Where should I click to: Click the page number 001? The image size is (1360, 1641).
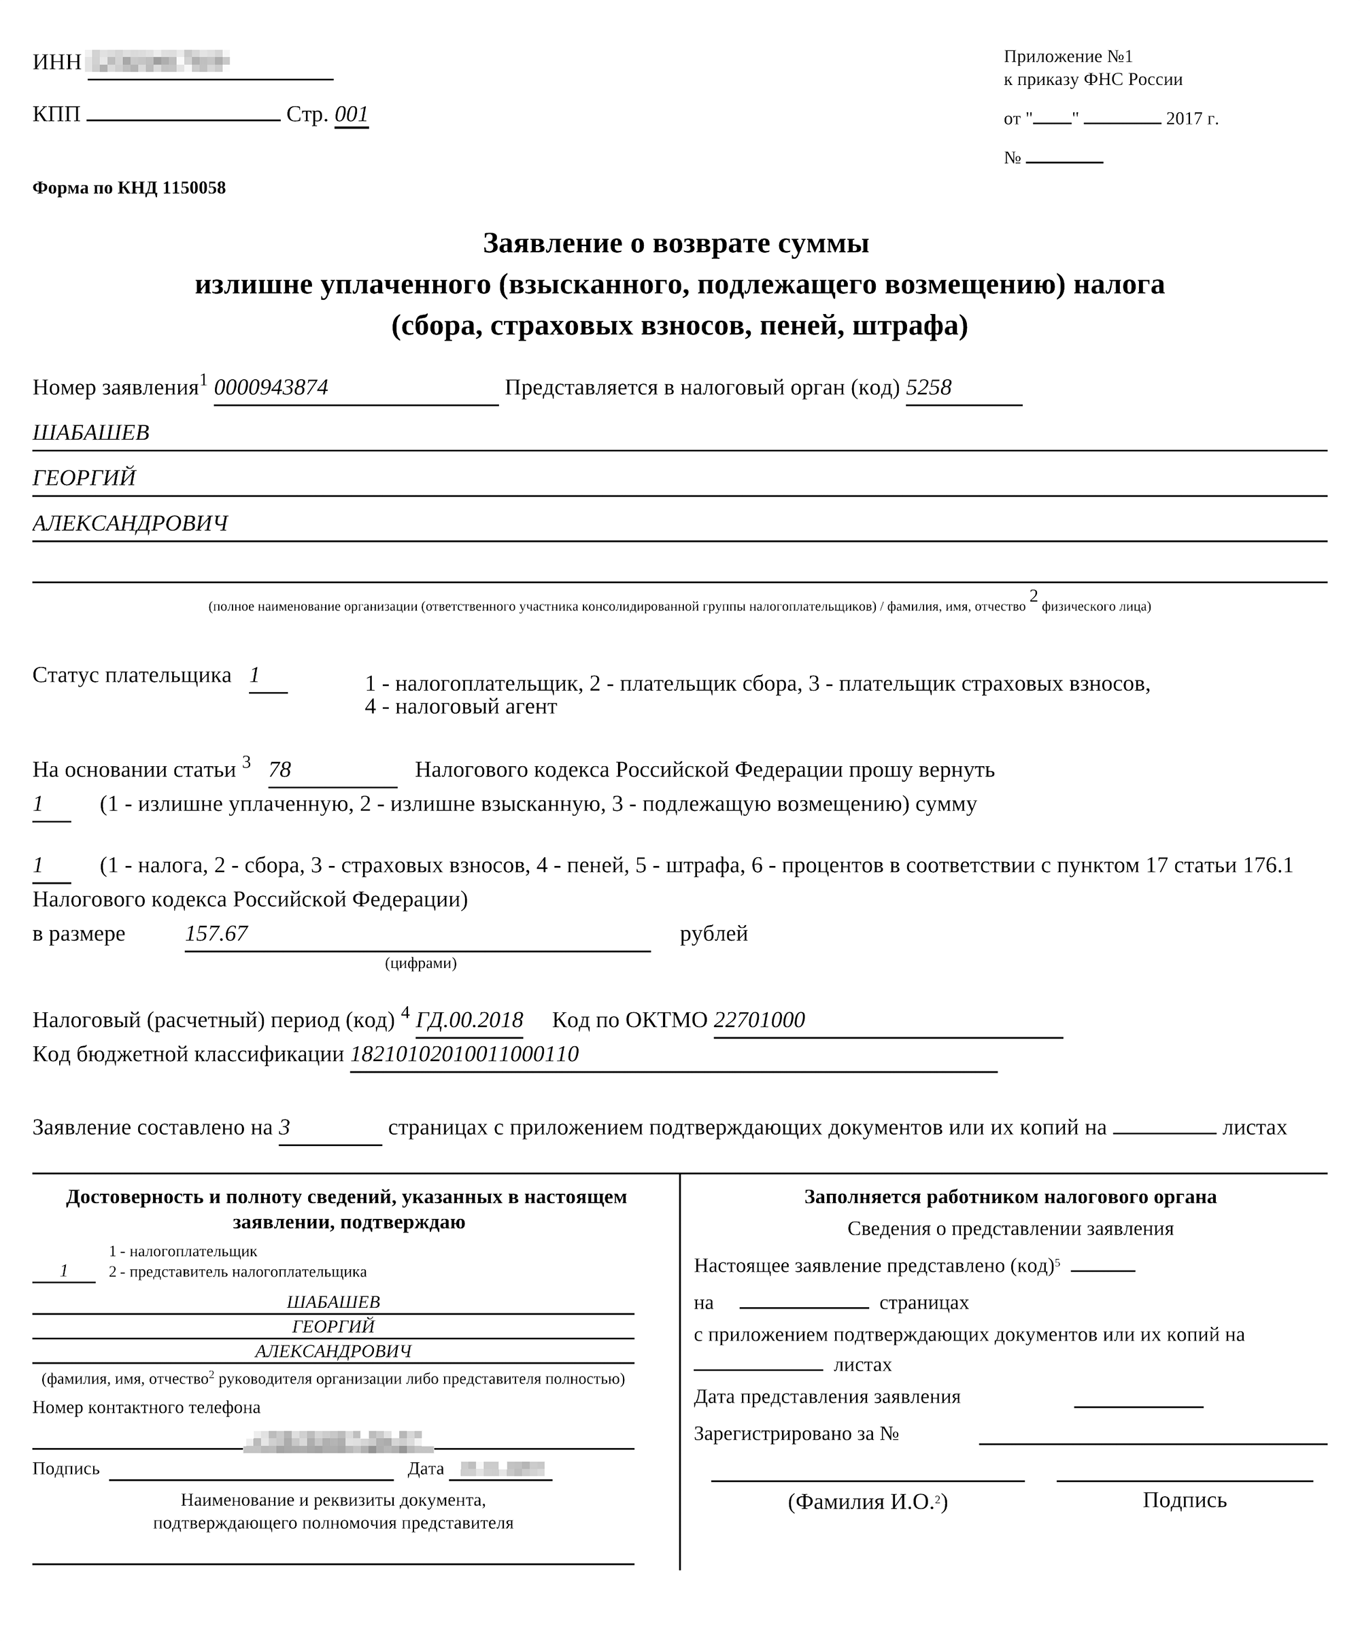click(x=351, y=115)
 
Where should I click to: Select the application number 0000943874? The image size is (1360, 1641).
click(x=271, y=387)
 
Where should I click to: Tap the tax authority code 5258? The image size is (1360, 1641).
click(x=929, y=387)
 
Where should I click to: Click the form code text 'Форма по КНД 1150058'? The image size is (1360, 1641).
click(x=129, y=188)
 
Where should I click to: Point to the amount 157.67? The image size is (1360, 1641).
click(x=216, y=934)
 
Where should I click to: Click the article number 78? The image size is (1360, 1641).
click(x=279, y=770)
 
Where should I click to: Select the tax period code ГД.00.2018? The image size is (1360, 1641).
click(x=469, y=1020)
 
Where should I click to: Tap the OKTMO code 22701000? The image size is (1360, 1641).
click(x=759, y=1020)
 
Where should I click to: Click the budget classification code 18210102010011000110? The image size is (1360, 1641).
click(x=464, y=1054)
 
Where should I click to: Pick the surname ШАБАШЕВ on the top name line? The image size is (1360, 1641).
click(x=90, y=433)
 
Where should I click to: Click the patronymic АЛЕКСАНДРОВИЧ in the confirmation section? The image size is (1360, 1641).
click(x=333, y=1351)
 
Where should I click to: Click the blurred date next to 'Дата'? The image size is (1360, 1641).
click(x=502, y=1469)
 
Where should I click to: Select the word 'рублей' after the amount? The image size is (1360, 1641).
click(x=713, y=934)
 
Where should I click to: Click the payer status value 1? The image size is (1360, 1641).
click(x=255, y=675)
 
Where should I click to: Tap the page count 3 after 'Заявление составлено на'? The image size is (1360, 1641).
click(x=284, y=1128)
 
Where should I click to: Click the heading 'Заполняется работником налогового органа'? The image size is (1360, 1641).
click(x=1010, y=1196)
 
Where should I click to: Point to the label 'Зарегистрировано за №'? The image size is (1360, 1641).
click(x=796, y=1434)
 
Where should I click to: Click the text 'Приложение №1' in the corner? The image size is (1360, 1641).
click(x=1068, y=56)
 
